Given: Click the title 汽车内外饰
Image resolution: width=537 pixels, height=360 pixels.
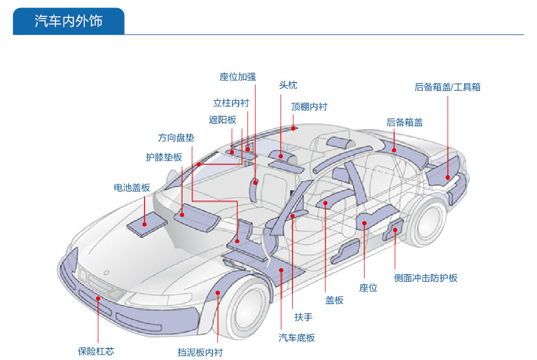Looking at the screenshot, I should tap(68, 21).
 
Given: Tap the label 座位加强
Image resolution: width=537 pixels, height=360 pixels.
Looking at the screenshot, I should tap(237, 77).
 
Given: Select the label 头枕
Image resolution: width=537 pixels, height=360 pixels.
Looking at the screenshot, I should tap(288, 85).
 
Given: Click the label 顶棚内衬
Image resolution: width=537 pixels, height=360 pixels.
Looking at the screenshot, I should tap(309, 107).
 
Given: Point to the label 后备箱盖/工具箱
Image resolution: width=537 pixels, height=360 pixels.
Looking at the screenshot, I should tap(447, 87).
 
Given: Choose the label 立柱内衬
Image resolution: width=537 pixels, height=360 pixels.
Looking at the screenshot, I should tap(231, 103).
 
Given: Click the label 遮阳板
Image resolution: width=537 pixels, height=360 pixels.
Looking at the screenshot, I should tap(223, 120).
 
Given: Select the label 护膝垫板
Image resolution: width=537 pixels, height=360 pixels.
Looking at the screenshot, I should tap(164, 157).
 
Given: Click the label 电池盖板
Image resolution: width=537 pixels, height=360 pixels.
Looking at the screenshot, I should tap(132, 188).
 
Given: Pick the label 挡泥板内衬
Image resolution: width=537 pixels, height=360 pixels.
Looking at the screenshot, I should tap(200, 352).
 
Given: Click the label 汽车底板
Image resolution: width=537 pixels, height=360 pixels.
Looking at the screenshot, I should tap(297, 338).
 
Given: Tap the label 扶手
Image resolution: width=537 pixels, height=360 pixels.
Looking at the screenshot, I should tap(304, 316).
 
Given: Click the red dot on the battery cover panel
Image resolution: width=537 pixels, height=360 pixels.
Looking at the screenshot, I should tap(145, 223).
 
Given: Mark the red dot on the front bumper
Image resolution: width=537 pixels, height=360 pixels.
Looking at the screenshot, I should tap(98, 299).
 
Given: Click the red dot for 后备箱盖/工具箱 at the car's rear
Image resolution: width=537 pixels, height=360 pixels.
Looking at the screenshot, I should tap(447, 177).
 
